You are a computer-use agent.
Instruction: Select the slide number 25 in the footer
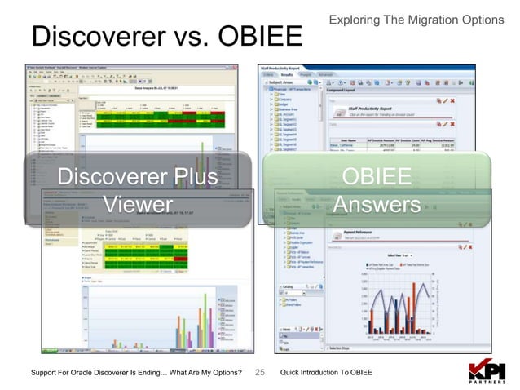click(x=261, y=372)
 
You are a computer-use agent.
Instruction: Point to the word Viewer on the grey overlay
click(x=138, y=203)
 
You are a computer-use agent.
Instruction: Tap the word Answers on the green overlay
click(x=377, y=203)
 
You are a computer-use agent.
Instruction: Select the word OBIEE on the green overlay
click(x=377, y=177)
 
